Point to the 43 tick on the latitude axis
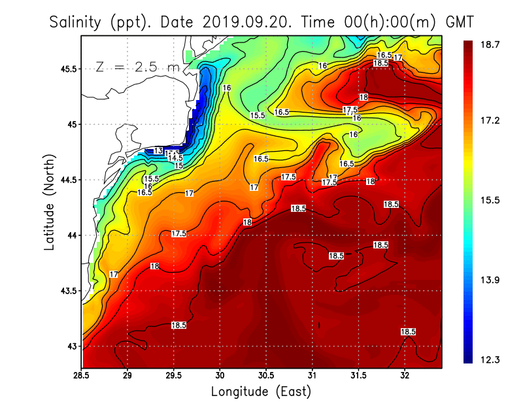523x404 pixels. [73, 346]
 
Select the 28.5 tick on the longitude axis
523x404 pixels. [82, 377]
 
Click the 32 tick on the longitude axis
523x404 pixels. [405, 377]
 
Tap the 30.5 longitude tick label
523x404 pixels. [266, 377]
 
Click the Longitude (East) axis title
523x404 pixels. [261, 392]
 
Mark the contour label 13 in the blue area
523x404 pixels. [158, 150]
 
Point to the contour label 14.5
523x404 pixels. [175, 158]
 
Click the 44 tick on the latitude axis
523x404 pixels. [73, 235]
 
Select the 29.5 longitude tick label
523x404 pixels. [174, 377]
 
